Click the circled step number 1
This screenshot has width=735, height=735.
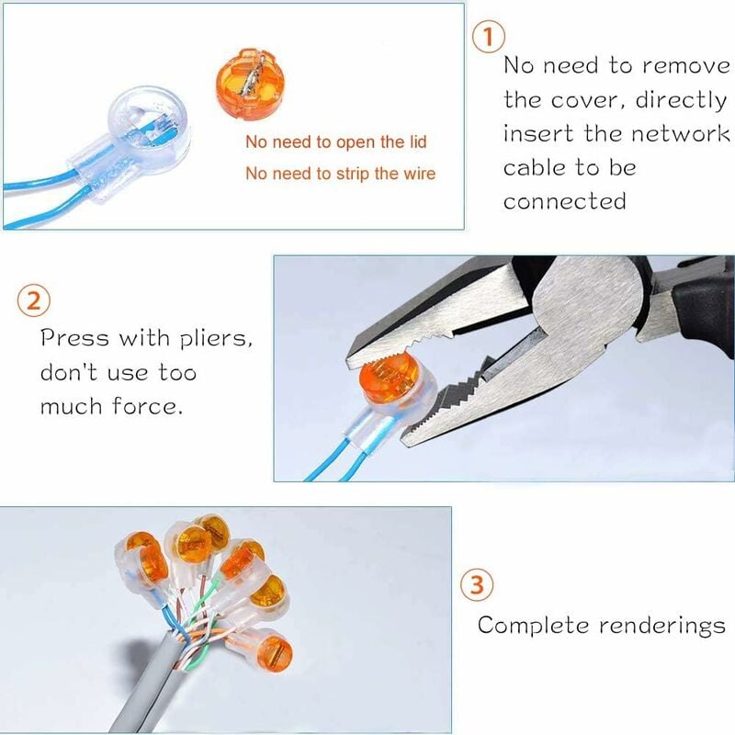click(489, 38)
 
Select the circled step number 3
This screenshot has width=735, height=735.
click(476, 585)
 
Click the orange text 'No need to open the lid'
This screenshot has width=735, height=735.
click(335, 142)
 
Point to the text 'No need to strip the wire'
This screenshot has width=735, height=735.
click(340, 174)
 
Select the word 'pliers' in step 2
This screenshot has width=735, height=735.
click(217, 339)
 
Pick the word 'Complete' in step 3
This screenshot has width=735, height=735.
click(533, 627)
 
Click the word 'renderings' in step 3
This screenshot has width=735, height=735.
click(661, 627)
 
